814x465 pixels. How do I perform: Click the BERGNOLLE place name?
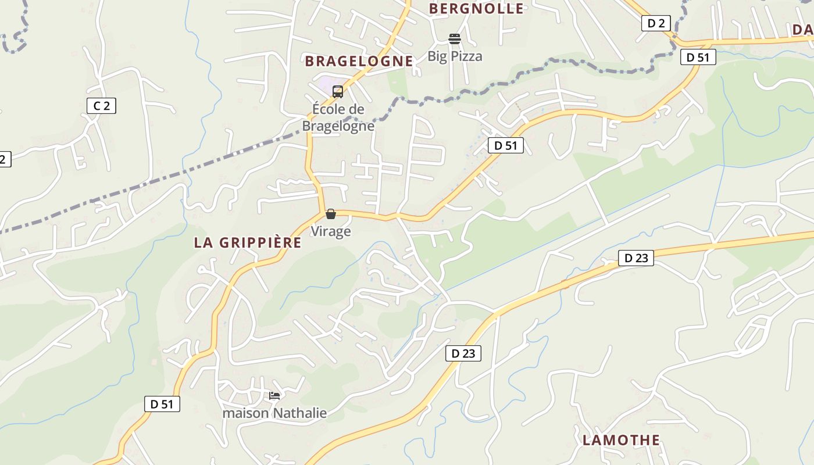coord(476,9)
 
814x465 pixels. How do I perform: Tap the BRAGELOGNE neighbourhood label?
coord(359,61)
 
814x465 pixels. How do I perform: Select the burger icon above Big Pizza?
coord(455,39)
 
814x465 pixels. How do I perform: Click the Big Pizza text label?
coord(455,56)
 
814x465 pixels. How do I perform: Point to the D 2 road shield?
coord(656,23)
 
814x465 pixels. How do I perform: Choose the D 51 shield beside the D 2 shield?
coord(698,57)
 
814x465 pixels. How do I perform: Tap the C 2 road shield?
coord(101,106)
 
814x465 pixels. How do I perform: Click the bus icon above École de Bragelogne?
coord(337,91)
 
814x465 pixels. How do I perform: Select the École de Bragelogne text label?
coord(338,117)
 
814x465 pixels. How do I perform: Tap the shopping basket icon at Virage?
coord(331,214)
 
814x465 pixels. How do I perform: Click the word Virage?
coord(331,231)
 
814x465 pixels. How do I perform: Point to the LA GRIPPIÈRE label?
coord(248,243)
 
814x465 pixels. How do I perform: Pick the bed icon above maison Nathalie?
coord(274,396)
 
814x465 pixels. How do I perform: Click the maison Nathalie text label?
coord(274,413)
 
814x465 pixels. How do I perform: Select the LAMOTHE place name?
coord(621,440)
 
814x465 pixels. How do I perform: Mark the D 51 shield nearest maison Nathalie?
coord(162,404)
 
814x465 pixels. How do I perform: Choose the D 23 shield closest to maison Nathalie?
coord(463,353)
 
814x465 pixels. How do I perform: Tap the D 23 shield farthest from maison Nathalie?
coord(636,258)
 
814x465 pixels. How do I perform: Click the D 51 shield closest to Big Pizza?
coord(506,145)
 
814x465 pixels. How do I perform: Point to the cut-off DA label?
coord(802,30)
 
